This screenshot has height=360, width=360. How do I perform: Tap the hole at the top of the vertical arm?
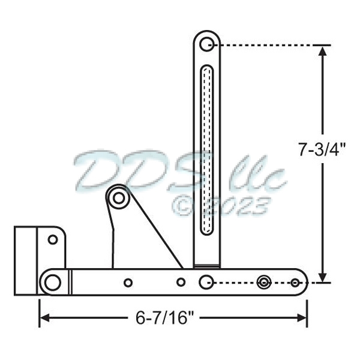click(x=207, y=44)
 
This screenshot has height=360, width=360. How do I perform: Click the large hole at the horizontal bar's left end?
click(x=53, y=281)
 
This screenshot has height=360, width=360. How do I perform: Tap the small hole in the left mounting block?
click(x=53, y=240)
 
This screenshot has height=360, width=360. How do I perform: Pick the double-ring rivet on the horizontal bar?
click(x=263, y=281)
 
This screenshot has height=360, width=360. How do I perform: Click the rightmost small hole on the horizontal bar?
click(x=295, y=282)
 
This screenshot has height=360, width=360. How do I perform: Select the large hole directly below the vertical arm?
click(x=206, y=281)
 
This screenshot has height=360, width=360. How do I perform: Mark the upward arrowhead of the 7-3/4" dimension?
click(x=323, y=50)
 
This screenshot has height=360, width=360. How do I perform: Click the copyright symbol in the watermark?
click(x=185, y=206)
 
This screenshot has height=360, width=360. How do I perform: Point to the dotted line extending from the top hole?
click(x=270, y=44)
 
